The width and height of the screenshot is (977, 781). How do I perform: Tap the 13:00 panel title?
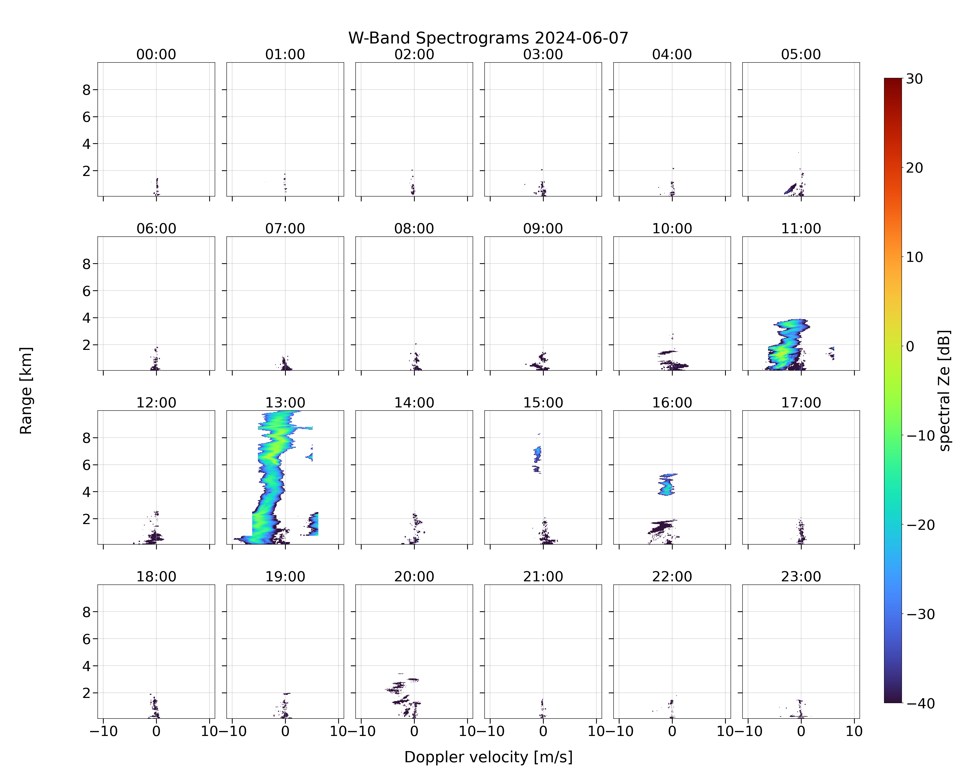285,402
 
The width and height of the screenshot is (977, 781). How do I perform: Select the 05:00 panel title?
801,54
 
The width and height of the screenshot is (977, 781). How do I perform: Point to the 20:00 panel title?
414,576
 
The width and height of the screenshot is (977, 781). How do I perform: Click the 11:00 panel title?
801,228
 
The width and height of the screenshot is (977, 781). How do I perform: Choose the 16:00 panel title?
672,402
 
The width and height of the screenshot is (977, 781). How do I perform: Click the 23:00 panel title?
801,576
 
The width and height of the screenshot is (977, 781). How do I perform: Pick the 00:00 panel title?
156,54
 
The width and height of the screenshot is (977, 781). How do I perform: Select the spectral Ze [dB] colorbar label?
944,390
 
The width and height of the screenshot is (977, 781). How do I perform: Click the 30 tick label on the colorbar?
914,79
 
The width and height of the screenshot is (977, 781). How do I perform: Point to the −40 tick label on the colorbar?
920,703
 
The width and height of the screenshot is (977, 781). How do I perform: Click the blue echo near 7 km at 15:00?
537,454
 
